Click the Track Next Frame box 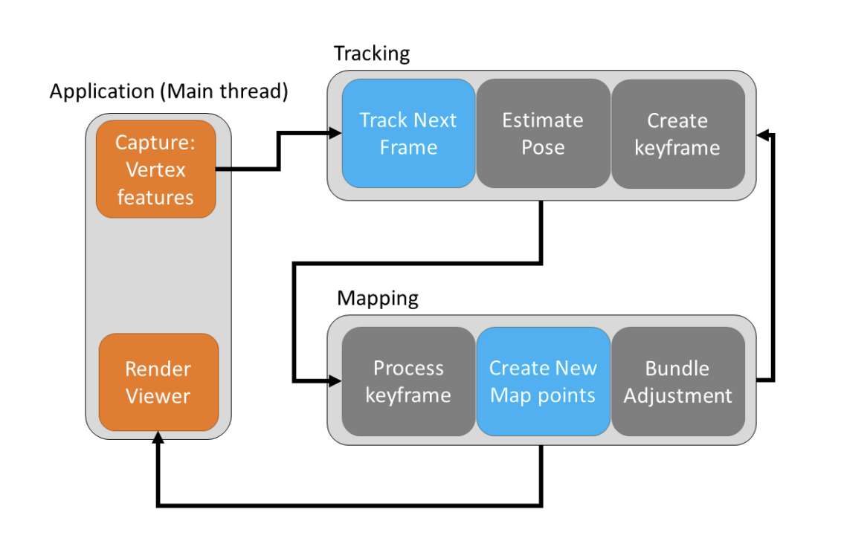click(408, 133)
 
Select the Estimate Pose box click(543, 133)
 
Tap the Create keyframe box click(678, 133)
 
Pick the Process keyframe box click(408, 381)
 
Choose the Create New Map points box click(543, 381)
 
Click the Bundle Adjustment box click(678, 381)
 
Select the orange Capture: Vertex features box click(156, 169)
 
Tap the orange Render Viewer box click(159, 383)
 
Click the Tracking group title click(372, 54)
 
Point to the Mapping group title click(378, 298)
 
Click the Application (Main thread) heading click(169, 91)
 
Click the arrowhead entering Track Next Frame click(335, 132)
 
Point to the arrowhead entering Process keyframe click(335, 380)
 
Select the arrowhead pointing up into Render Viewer click(158, 438)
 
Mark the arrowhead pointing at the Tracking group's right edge click(763, 135)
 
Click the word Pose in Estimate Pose click(543, 147)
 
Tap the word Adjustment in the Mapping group click(678, 396)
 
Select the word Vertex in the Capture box click(155, 170)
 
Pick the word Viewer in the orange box click(158, 396)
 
